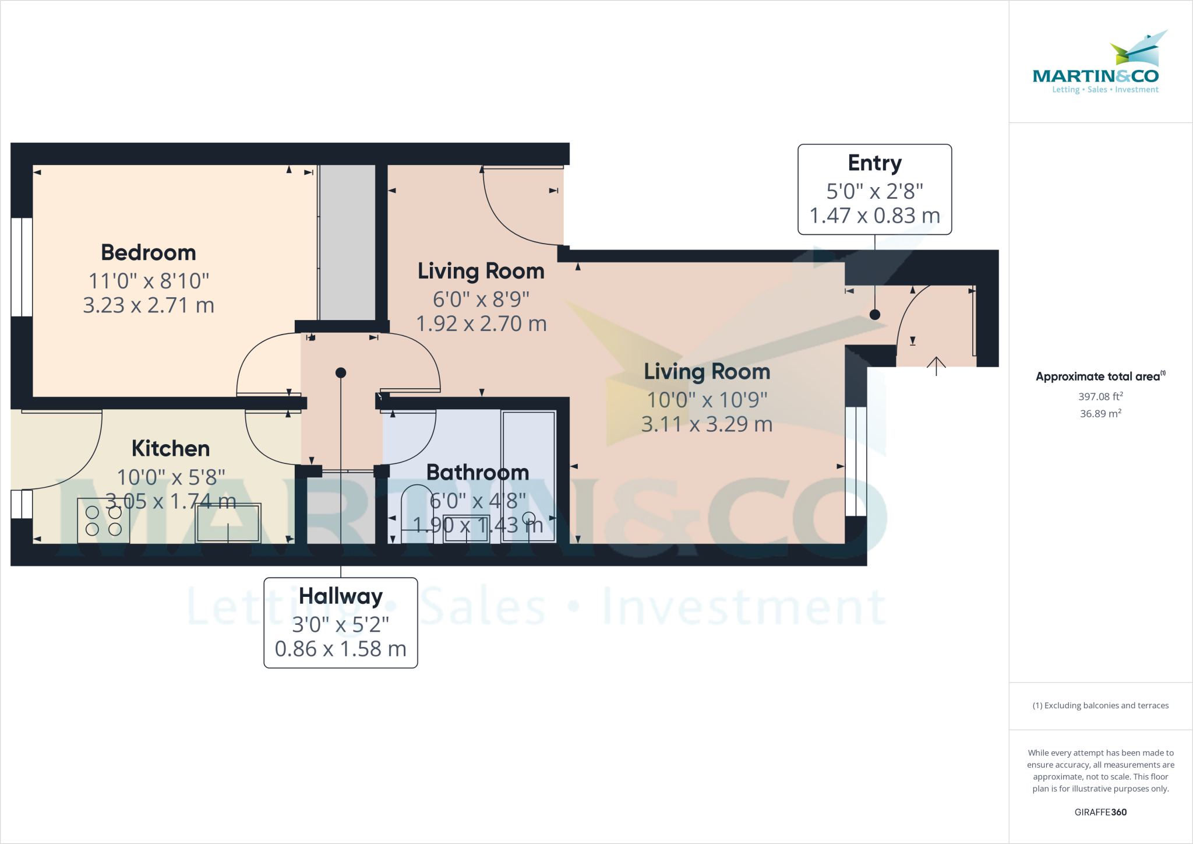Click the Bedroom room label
coord(149,253)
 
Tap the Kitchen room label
coord(171,449)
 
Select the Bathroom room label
coord(478,473)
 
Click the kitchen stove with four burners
coord(104,521)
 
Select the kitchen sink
coord(228,523)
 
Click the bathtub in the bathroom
coord(528,476)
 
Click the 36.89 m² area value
coord(1100,413)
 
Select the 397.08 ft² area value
coord(1100,396)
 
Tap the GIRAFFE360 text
coord(1100,812)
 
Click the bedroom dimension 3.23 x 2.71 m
coord(149,305)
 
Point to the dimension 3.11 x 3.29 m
coord(707,424)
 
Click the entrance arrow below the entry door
coord(936,366)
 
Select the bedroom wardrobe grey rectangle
coord(348,242)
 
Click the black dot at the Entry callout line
coord(874,315)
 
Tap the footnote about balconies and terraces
coord(1100,705)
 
